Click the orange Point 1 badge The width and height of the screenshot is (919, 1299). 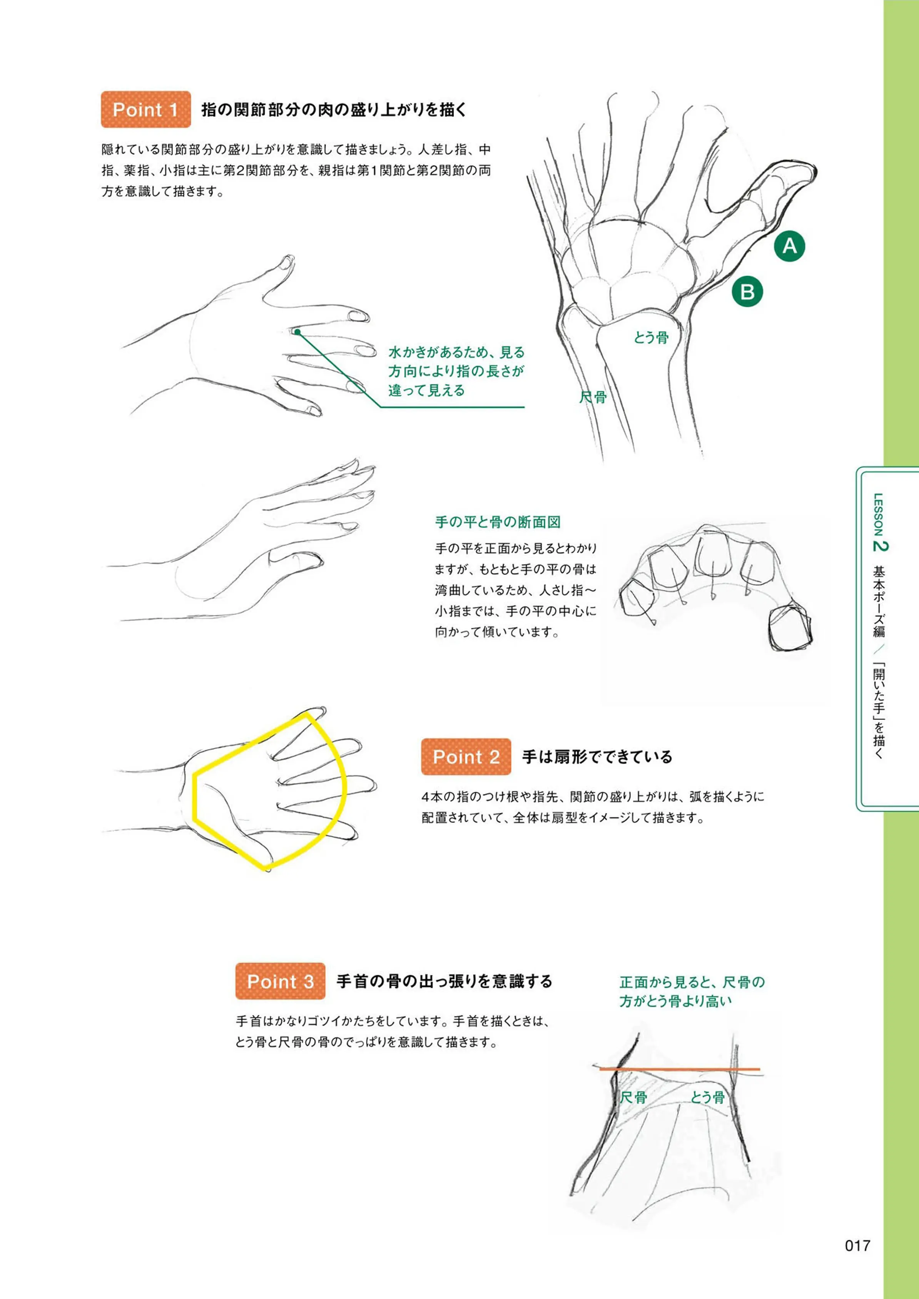point(145,109)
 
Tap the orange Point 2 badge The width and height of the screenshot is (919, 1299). point(466,756)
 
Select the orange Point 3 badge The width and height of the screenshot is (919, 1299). point(280,981)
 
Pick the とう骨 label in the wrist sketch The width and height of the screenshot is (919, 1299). point(707,1098)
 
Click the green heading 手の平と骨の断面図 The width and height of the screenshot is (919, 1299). point(498,521)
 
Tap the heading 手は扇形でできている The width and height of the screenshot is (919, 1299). point(597,757)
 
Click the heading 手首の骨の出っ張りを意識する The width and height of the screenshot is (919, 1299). point(444,981)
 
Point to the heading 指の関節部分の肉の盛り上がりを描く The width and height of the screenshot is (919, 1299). point(334,110)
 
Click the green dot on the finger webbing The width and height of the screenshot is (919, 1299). point(297,331)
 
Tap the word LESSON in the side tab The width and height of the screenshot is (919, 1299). point(879,514)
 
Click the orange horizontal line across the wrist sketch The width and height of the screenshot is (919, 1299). point(680,1069)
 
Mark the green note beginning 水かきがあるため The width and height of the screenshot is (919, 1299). point(456,372)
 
